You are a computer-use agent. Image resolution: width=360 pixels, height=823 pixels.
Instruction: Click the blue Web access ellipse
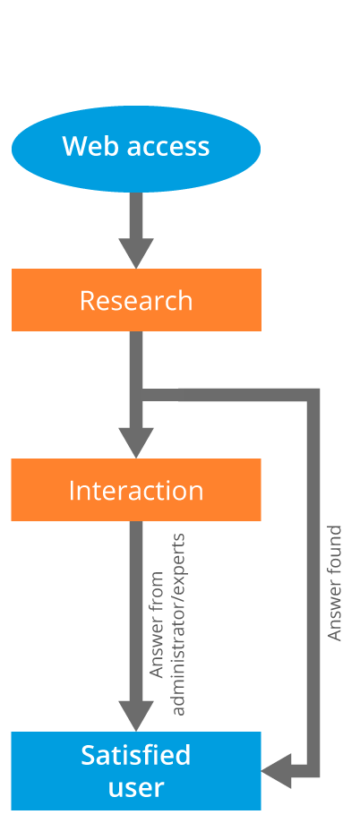coord(136,149)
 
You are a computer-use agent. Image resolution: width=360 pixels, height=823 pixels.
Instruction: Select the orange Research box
coord(136,300)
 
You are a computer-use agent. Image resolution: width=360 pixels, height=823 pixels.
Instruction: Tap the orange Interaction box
coord(136,490)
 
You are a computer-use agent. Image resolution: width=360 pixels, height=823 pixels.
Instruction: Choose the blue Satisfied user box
coord(136,770)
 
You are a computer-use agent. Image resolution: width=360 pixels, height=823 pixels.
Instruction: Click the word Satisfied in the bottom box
coord(136,755)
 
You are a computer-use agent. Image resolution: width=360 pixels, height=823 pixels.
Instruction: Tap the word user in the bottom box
coord(136,788)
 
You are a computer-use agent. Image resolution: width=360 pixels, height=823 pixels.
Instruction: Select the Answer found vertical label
coord(334,583)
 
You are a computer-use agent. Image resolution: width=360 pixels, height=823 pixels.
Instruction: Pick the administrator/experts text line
coord(178,624)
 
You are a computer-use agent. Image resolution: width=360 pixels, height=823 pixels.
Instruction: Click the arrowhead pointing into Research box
coord(136,253)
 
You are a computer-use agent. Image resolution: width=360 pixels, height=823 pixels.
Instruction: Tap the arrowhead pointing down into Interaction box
coord(136,443)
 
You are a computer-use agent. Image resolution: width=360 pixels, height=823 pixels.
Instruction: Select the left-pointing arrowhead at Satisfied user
coord(276,771)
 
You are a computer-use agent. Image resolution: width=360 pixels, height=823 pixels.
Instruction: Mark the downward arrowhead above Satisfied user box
coord(136,716)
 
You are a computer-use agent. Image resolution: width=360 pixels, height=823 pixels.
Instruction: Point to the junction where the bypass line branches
coord(136,395)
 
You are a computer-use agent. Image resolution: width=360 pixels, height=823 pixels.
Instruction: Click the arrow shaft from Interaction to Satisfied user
coord(136,611)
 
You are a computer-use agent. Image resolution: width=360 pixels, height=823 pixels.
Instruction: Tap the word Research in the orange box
coord(136,300)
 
